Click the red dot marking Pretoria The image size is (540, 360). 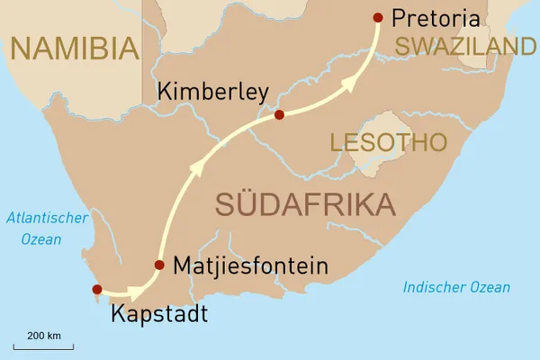(377, 17)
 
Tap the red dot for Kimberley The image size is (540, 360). (279, 114)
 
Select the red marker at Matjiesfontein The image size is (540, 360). (159, 265)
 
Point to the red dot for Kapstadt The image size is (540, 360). (97, 289)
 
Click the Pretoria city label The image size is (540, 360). (436, 17)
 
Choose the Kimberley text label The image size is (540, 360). (211, 92)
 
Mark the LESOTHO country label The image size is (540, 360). (388, 142)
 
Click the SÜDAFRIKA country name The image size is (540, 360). (306, 203)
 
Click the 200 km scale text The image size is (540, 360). (43, 335)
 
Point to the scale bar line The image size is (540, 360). (43, 346)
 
